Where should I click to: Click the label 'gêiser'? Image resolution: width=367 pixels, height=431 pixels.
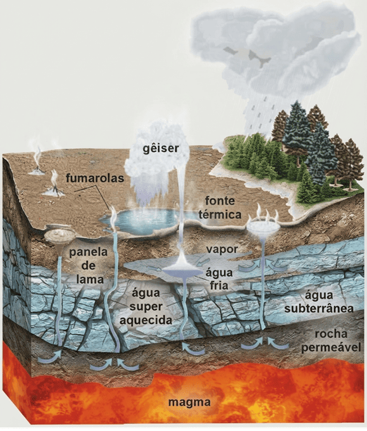coord(161,149)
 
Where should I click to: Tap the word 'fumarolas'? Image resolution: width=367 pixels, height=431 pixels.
coord(95,178)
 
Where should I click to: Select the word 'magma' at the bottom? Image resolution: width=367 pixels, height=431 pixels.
coord(189,402)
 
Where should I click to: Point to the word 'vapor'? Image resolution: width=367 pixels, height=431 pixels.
coord(222,249)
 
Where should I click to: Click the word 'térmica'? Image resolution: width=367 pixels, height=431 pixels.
coord(220,214)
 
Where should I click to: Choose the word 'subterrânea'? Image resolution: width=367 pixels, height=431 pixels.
coord(319,308)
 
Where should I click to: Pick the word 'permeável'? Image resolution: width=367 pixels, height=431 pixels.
coord(331,347)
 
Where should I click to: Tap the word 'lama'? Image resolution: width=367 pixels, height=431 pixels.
coord(90,279)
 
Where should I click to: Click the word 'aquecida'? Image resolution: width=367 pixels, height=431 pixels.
coord(146,320)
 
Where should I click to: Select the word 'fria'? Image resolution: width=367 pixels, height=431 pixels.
coord(219,285)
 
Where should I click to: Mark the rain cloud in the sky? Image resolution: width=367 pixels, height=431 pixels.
coord(275,55)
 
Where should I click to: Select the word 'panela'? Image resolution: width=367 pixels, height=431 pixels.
coord(88,253)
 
